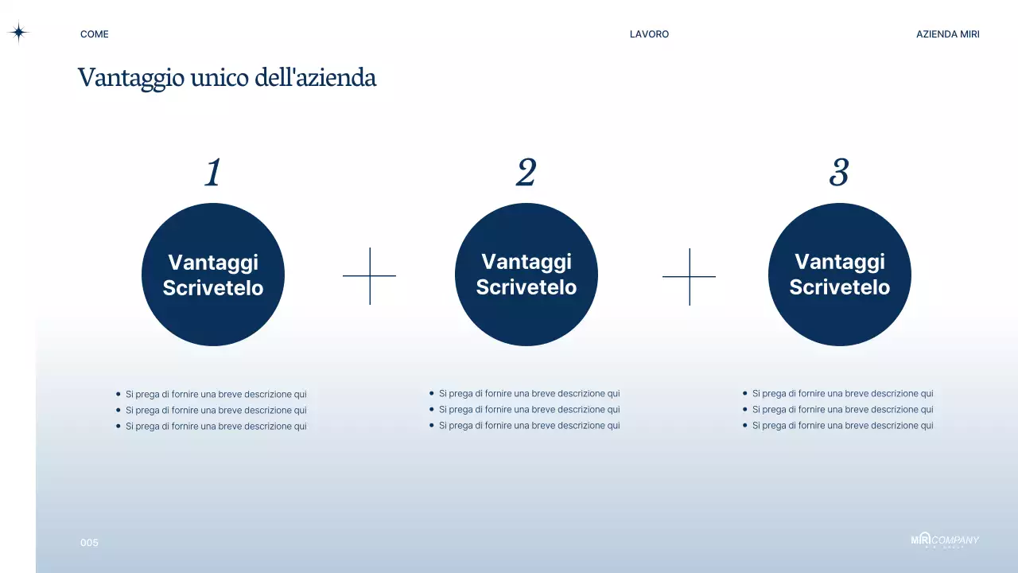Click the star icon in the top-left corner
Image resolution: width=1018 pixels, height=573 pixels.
(18, 33)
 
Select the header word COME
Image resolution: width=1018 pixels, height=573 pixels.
(95, 34)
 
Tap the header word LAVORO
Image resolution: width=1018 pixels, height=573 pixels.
(649, 34)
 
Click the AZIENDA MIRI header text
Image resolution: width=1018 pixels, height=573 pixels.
(947, 34)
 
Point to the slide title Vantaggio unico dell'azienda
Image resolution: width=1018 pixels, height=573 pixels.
(227, 78)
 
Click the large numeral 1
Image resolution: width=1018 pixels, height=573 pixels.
(212, 173)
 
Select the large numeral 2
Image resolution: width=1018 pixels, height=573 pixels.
(526, 173)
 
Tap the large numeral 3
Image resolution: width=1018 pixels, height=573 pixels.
(839, 173)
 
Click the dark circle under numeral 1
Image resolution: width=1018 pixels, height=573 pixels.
(213, 318)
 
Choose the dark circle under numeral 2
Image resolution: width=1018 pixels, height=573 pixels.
(526, 318)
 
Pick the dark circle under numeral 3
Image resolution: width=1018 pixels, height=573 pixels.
(840, 318)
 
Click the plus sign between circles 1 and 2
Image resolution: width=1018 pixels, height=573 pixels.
(369, 276)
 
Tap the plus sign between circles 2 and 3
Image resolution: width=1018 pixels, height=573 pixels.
(689, 276)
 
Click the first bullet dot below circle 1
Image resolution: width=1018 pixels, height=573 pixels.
(119, 394)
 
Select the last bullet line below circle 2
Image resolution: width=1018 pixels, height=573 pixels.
(529, 426)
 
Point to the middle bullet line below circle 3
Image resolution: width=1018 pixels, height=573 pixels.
(842, 410)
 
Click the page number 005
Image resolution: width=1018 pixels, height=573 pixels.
(89, 543)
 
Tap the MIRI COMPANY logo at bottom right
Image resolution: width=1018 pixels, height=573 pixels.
(945, 540)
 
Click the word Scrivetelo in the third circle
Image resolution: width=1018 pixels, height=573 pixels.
(839, 287)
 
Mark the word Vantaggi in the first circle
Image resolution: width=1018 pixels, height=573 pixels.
(213, 263)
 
